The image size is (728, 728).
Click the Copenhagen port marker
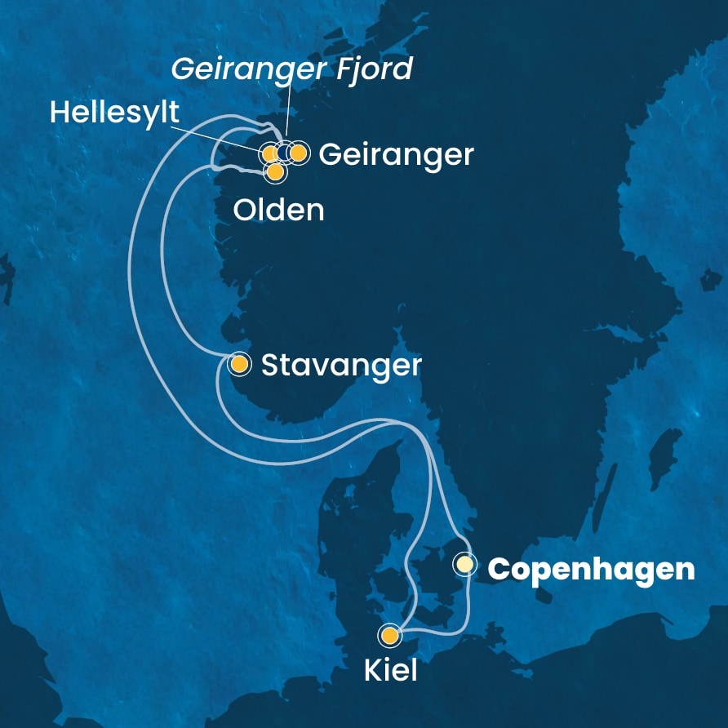coord(464,564)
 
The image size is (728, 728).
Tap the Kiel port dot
coord(390,635)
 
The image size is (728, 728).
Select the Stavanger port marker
coord(239,364)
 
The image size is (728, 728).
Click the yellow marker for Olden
coord(276,172)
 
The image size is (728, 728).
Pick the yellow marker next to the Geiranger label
coord(299,153)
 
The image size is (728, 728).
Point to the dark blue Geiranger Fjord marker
coord(285,153)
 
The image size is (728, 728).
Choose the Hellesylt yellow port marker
coord(269,153)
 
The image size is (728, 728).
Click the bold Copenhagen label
coord(591,569)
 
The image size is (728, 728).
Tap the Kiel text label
coord(390,671)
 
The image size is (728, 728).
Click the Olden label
coord(278,211)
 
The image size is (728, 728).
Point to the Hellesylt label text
coord(113,113)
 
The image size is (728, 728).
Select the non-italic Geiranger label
coord(396,154)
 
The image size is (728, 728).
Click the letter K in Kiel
coord(371,671)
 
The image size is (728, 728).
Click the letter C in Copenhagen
coord(498,569)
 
